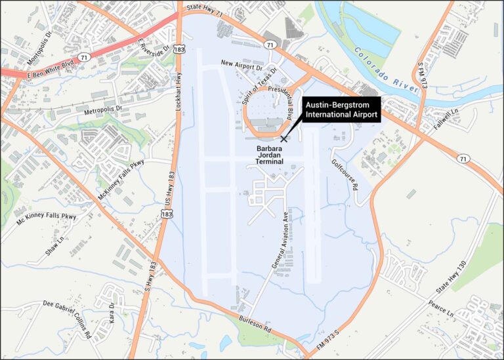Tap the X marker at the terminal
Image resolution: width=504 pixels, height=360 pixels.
point(283,139)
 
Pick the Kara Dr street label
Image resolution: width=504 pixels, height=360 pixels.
point(114,313)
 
